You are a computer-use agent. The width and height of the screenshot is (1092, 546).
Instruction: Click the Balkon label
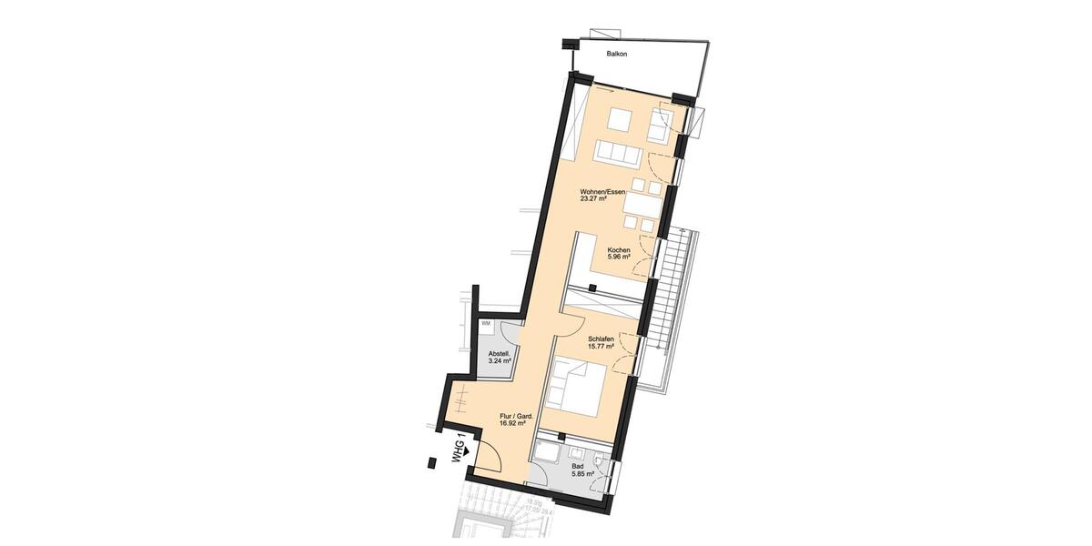click(x=618, y=55)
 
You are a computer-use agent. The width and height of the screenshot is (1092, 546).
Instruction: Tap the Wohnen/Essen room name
click(x=602, y=192)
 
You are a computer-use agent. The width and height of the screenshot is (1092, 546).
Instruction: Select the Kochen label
click(x=619, y=249)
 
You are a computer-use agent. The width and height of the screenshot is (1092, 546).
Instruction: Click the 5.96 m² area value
click(x=619, y=258)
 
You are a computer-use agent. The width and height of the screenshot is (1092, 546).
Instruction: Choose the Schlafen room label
click(x=601, y=339)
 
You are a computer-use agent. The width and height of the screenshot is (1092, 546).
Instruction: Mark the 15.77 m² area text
click(x=601, y=347)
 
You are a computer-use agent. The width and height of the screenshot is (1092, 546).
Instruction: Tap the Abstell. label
click(x=499, y=353)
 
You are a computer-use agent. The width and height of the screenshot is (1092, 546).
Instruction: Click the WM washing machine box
click(x=486, y=324)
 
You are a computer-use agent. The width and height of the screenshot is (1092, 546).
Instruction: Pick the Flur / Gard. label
click(x=516, y=416)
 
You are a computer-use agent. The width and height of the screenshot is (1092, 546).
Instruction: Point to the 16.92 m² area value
click(x=514, y=424)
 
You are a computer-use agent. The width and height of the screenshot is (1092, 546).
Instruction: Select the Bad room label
click(x=579, y=465)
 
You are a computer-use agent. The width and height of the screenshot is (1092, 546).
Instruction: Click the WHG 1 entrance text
click(x=460, y=449)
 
